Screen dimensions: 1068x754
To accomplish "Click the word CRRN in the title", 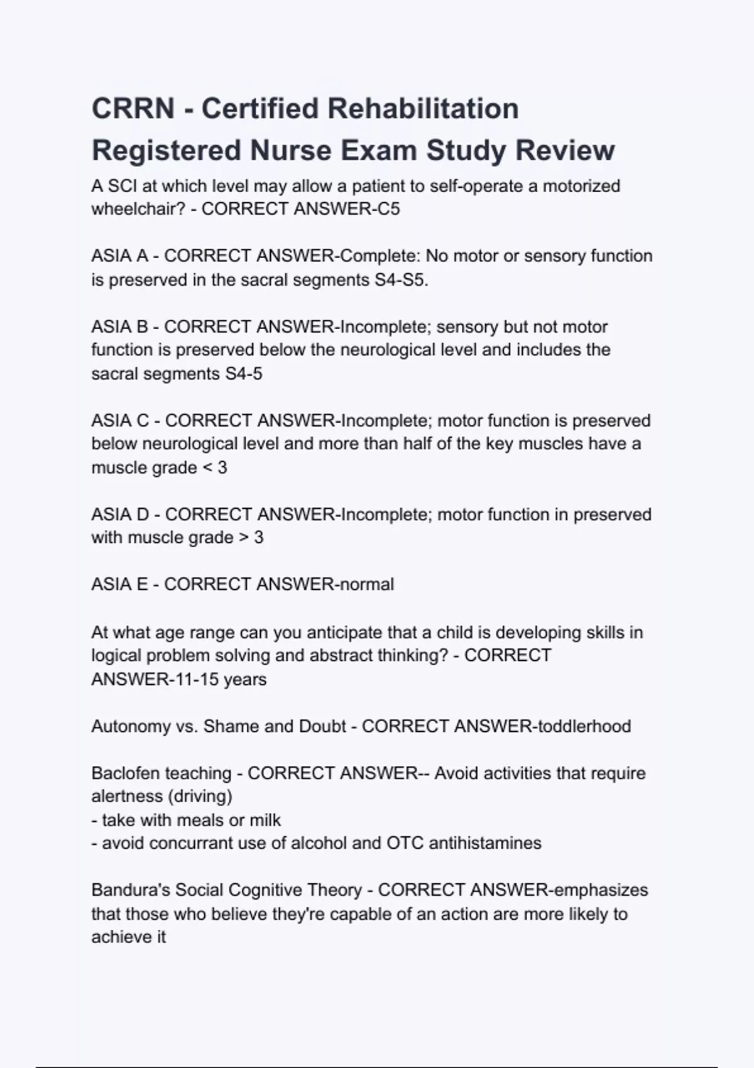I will (133, 108).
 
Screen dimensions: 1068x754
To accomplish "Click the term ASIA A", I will (119, 256).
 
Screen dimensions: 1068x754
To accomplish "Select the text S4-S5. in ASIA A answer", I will (402, 280).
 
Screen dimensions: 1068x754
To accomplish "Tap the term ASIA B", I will (119, 327).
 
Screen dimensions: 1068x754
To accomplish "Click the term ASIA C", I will (120, 421).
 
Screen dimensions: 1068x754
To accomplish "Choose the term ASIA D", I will (120, 515).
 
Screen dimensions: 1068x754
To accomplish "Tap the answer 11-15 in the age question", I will (192, 680).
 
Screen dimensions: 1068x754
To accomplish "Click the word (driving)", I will (199, 797).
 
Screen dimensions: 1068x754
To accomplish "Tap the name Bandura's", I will (131, 890).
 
